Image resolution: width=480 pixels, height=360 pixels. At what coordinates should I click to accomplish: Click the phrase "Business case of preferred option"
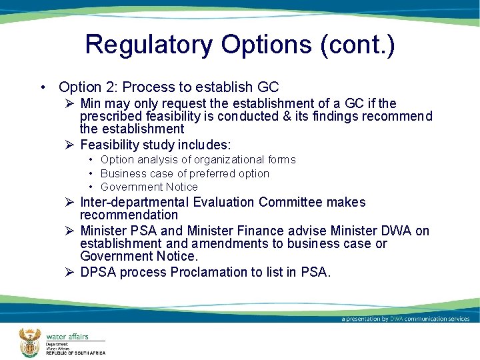pos(185,173)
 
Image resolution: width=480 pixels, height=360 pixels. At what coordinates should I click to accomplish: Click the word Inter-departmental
pos(135,202)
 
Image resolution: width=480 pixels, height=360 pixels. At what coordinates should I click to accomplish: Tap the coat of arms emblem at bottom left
pos(29,342)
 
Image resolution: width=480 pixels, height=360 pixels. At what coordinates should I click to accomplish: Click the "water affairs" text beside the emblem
pos(67,337)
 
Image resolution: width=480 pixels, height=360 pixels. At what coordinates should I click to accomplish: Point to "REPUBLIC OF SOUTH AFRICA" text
pos(75,353)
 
